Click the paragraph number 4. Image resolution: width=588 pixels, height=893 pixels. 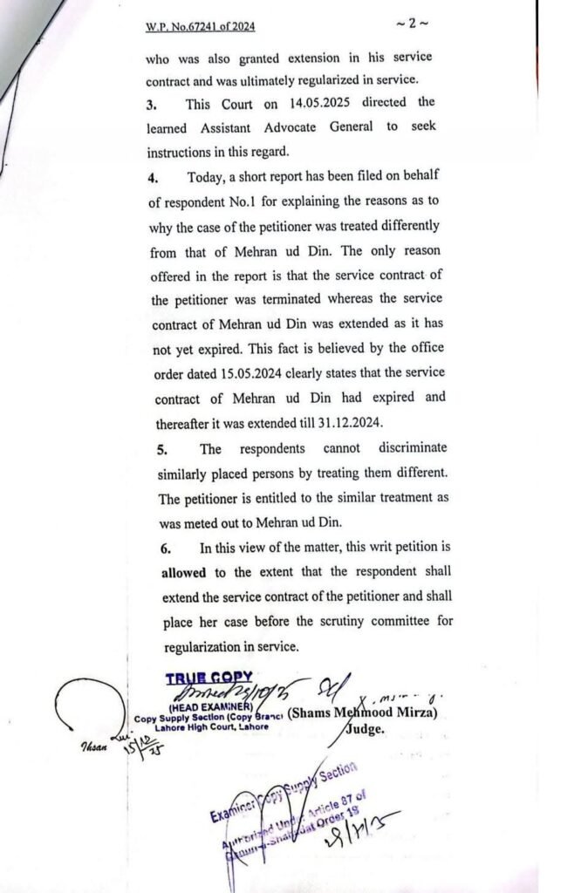pyautogui.click(x=154, y=179)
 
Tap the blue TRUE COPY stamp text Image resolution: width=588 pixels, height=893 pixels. pyautogui.click(x=209, y=677)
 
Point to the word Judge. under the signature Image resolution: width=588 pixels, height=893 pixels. pyautogui.click(x=366, y=732)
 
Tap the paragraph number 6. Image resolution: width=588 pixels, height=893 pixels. pyautogui.click(x=165, y=549)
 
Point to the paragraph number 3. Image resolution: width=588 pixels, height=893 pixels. pyautogui.click(x=154, y=103)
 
